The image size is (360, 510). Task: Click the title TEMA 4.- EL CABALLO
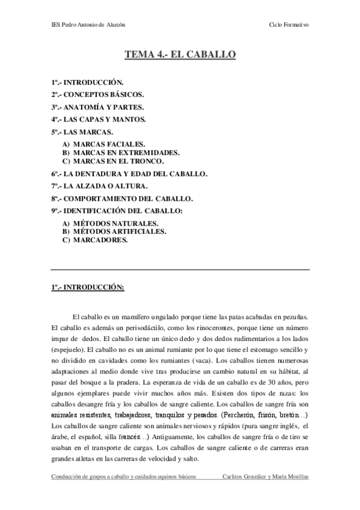point(180,55)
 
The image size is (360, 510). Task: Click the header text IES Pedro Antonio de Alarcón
point(89,25)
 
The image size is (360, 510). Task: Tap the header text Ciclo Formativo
point(290,25)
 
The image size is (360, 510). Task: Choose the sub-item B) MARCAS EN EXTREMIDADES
point(121,153)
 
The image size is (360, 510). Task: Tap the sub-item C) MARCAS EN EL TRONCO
point(113,161)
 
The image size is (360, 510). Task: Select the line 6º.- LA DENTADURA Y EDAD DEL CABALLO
point(129,173)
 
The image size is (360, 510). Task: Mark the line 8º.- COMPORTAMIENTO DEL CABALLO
point(122,198)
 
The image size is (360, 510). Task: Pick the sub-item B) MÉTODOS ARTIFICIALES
point(115,231)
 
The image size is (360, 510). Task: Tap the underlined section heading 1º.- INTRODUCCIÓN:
point(88,287)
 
